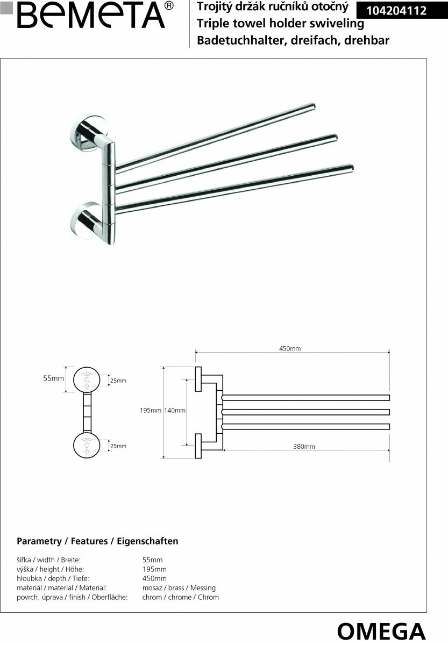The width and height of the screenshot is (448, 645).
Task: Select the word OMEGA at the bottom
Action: (x=381, y=630)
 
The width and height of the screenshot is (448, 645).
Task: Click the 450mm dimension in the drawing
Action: (x=290, y=348)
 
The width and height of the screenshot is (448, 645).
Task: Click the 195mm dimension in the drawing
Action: (x=150, y=411)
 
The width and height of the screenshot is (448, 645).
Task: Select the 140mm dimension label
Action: (x=175, y=411)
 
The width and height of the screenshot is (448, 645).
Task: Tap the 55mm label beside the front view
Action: (x=53, y=378)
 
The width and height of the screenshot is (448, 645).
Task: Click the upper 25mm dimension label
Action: (x=118, y=381)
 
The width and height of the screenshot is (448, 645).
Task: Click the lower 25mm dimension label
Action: (x=118, y=446)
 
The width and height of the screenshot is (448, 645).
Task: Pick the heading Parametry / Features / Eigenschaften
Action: (x=97, y=541)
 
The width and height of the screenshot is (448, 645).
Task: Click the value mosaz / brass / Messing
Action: (x=179, y=588)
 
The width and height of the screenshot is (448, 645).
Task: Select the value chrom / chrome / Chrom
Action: (x=180, y=597)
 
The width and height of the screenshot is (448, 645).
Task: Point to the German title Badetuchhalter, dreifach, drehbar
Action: (x=293, y=40)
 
